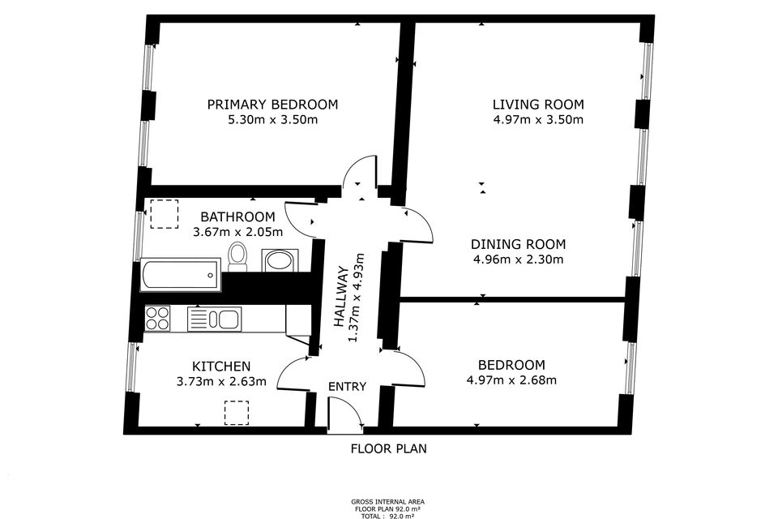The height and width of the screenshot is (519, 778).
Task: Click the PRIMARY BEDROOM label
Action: (x=272, y=105)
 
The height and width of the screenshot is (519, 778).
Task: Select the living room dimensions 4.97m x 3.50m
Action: (x=538, y=120)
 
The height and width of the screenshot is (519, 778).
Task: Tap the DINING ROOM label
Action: (x=519, y=244)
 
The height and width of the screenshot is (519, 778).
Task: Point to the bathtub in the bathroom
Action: (x=180, y=275)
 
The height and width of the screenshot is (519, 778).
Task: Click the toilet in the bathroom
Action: (x=237, y=256)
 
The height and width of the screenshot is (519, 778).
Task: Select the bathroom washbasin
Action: (x=280, y=260)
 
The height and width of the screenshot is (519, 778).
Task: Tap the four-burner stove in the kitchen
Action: (x=157, y=318)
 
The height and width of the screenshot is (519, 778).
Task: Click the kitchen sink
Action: (x=215, y=319)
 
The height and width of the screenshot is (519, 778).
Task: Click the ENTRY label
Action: (x=347, y=387)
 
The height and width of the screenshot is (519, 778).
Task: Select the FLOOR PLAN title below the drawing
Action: (x=388, y=448)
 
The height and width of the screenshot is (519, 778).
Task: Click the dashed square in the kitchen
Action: (x=236, y=412)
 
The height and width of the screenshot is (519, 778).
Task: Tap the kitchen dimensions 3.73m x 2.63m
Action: (x=220, y=381)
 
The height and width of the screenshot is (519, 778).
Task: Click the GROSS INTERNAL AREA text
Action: (x=388, y=502)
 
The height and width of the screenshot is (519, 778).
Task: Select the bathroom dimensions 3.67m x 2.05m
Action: (x=237, y=232)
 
